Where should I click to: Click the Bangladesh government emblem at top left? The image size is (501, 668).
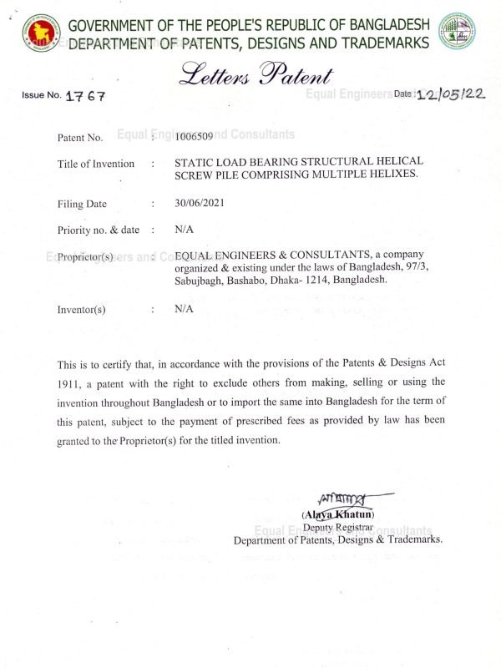point(38,32)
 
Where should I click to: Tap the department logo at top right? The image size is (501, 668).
point(458,32)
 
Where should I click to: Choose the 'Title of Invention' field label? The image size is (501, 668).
point(95,164)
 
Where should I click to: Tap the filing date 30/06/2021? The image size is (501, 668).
point(200,203)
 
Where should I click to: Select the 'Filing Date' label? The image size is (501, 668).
point(82,203)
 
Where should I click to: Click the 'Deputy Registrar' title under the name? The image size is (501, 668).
point(337,527)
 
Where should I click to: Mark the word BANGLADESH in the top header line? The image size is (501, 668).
point(377,26)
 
